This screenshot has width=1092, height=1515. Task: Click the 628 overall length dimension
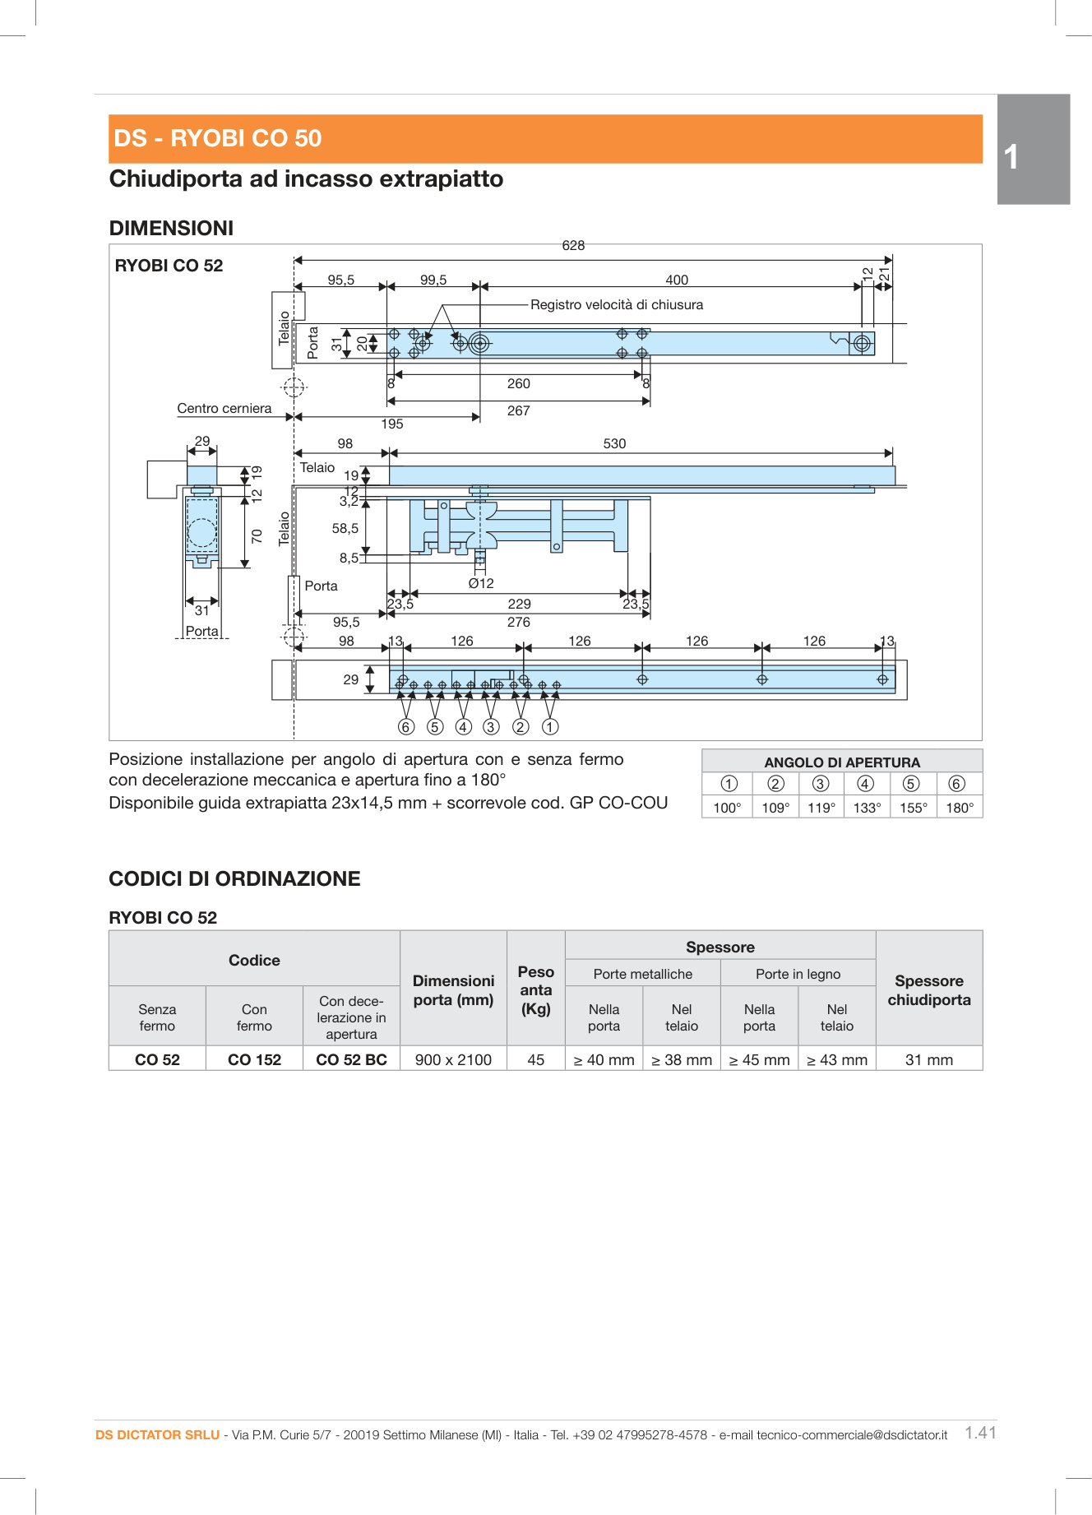pyautogui.click(x=573, y=245)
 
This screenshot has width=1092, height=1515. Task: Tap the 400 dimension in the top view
pyautogui.click(x=677, y=280)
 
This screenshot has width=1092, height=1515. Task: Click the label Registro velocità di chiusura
pyautogui.click(x=617, y=304)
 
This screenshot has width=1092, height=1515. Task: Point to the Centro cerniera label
pyautogui.click(x=224, y=408)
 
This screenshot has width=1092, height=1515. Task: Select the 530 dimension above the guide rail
pyautogui.click(x=614, y=443)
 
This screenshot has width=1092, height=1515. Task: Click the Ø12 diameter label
pyautogui.click(x=481, y=583)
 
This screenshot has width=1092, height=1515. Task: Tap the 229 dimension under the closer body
pyautogui.click(x=519, y=604)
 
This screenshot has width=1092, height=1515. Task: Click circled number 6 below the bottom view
pyautogui.click(x=405, y=727)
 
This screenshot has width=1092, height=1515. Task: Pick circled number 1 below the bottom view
pyautogui.click(x=550, y=727)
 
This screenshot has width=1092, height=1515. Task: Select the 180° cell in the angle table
pyautogui.click(x=959, y=808)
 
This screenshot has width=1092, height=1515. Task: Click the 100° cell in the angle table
pyautogui.click(x=727, y=808)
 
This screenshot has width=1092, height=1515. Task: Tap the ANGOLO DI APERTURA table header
pyautogui.click(x=841, y=762)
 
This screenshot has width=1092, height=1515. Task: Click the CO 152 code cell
pyautogui.click(x=254, y=1059)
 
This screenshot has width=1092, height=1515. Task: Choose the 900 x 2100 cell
pyautogui.click(x=453, y=1059)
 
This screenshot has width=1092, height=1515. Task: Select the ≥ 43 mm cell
pyautogui.click(x=836, y=1059)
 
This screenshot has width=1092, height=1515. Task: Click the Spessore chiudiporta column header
pyautogui.click(x=928, y=990)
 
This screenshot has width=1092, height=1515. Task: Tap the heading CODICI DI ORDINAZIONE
pyautogui.click(x=234, y=878)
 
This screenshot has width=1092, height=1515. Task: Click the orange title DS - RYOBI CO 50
pyautogui.click(x=218, y=138)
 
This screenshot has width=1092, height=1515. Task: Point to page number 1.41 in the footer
pyautogui.click(x=980, y=1433)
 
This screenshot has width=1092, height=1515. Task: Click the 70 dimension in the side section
pyautogui.click(x=257, y=535)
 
